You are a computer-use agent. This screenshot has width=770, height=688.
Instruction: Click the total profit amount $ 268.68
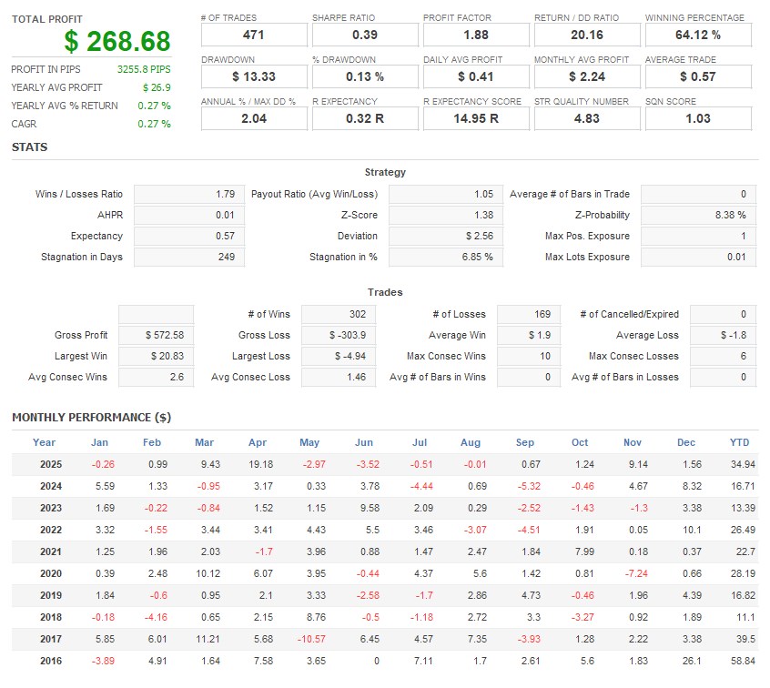coord(117,42)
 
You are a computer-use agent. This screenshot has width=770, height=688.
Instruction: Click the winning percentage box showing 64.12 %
coord(698,35)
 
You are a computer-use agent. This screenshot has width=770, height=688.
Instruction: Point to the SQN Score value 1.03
coord(698,118)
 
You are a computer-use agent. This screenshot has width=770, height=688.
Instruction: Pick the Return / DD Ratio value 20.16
coord(587,35)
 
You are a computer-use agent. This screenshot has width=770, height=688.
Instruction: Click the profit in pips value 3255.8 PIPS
coord(144,69)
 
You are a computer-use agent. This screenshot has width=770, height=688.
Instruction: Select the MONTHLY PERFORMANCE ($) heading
coord(91,418)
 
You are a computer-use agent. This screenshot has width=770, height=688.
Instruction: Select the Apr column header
coord(258,443)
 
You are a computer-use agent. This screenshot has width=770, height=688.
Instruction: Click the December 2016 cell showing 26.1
coord(685,661)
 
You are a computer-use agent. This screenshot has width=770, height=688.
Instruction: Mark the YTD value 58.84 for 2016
coord(739,661)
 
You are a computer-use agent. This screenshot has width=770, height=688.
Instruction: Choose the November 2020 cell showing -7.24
coord(633,573)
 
